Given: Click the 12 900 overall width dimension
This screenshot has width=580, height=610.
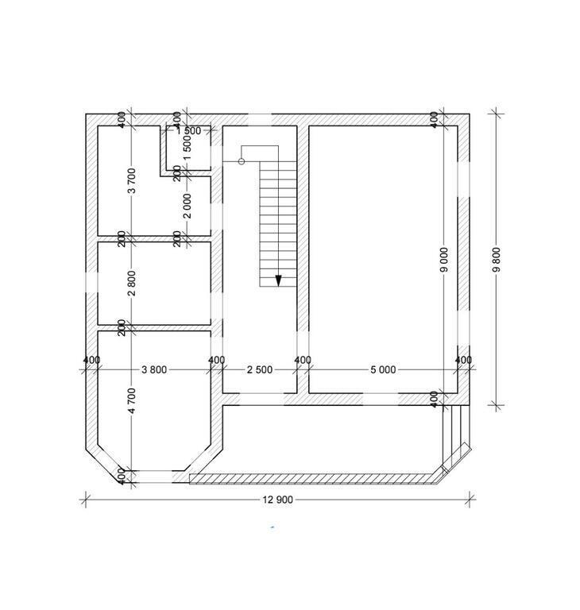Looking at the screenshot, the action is [x=277, y=500].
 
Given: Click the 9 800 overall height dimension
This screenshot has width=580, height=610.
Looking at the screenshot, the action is [x=497, y=260].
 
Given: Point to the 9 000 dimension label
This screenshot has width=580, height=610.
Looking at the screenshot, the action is [x=444, y=260].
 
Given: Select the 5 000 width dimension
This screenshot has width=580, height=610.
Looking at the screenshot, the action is [x=383, y=369].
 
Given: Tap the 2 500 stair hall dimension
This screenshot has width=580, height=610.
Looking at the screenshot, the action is [x=260, y=369].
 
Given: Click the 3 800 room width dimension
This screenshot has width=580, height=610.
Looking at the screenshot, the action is [x=154, y=369].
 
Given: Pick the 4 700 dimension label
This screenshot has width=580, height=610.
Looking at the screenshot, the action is [x=132, y=400].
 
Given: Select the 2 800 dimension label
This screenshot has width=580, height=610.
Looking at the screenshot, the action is [x=132, y=284].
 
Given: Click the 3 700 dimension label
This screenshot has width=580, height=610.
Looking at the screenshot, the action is [x=132, y=180].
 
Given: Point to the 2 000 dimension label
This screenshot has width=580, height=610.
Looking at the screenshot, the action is [x=188, y=207].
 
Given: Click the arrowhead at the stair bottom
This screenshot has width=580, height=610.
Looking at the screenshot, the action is [x=278, y=280].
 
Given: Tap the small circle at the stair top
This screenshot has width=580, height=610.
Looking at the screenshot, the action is [x=242, y=161].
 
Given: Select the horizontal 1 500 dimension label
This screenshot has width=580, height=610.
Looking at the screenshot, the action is [x=188, y=131].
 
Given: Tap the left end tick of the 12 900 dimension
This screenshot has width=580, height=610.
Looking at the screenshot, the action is [x=86, y=500].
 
